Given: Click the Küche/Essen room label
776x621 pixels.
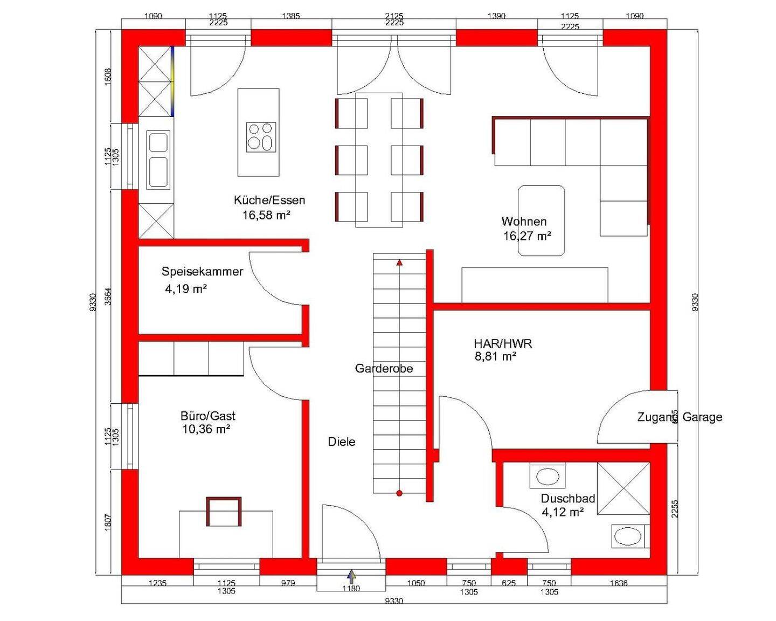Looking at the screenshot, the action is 269,201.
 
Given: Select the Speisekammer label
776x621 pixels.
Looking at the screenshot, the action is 202,271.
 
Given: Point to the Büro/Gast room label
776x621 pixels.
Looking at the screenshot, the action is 208,416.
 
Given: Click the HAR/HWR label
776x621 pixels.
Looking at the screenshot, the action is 503,343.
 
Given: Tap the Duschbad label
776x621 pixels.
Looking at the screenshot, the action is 568,499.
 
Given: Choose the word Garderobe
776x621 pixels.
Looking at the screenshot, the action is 384,368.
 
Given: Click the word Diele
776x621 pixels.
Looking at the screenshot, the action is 342,441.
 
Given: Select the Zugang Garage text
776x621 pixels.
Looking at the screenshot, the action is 680,417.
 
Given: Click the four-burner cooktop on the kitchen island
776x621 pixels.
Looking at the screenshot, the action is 261,137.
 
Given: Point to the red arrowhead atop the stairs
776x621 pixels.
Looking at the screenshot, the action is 399,263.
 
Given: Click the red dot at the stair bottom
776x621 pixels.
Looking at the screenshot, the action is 399,493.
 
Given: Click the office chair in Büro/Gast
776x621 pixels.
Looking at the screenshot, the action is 224,512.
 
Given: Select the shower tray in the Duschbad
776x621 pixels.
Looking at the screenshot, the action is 623,488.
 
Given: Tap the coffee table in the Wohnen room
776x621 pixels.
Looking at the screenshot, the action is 541,220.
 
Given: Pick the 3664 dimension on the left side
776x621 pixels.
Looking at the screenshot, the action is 108,296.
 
